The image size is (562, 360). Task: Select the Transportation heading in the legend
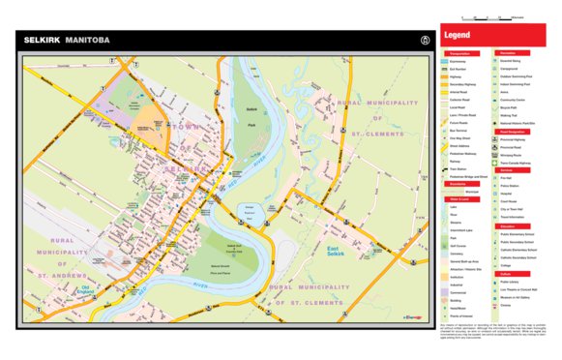click(x=458, y=53)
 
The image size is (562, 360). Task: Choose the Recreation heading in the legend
click(x=506, y=53)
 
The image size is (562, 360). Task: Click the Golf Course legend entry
click(x=458, y=246)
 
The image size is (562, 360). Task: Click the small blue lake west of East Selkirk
click(x=249, y=210)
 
